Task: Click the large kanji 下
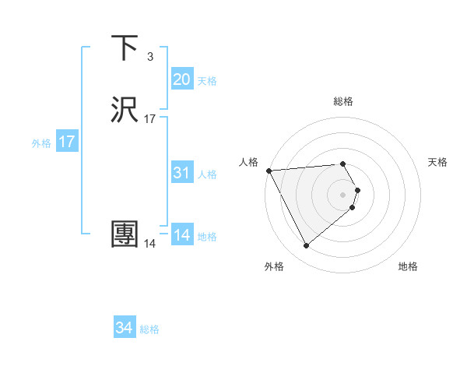coord(125,48)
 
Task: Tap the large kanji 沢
coord(125,110)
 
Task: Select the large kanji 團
coord(125,234)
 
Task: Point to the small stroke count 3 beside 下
coord(149,56)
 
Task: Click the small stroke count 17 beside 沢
coord(150,118)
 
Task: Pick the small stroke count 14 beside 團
coord(149,243)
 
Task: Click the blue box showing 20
coord(181,79)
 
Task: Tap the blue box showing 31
coord(181,173)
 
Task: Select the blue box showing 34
coord(124,329)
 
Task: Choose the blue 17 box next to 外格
coord(66,142)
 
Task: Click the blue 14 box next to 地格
coord(181,235)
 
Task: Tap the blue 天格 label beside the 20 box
coord(207,80)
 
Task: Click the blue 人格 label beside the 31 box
coord(207,174)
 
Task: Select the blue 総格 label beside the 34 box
coord(149,329)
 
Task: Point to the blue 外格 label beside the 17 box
coord(41,143)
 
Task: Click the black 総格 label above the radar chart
coord(343,101)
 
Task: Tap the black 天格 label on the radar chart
coord(437,162)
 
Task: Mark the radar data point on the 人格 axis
coord(269,171)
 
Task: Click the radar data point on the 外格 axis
coord(307,246)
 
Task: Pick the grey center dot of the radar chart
coord(343,194)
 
